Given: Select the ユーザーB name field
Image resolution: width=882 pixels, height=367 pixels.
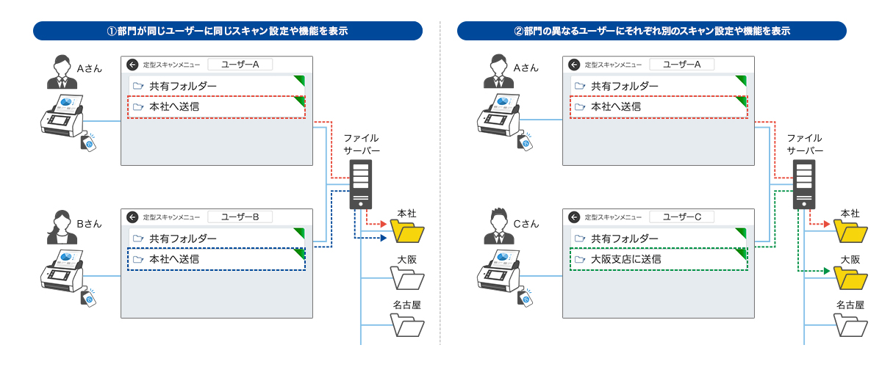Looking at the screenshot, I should point(240,217).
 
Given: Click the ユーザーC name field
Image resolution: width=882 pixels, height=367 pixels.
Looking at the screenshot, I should point(681,217).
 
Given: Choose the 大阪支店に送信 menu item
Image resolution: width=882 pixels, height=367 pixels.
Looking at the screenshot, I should point(659,259).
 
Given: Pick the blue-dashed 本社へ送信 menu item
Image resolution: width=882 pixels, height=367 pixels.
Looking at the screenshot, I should point(216,259).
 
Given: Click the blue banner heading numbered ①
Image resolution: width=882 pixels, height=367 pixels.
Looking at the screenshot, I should point(228,31).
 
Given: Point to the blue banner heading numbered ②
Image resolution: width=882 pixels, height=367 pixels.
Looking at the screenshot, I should point(651,31).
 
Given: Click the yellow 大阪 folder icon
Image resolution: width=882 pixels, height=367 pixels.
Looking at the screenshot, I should point(850,280).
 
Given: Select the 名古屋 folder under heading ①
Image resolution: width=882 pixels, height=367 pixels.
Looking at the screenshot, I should point(407,324).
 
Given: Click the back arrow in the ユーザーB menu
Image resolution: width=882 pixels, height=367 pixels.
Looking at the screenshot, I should point(132,217).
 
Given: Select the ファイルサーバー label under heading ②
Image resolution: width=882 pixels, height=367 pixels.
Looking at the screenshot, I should point(804,144).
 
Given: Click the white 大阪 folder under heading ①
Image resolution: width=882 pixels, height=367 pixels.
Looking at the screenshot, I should point(407,280).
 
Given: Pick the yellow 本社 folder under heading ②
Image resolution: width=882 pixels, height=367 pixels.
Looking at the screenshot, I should point(850,233).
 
